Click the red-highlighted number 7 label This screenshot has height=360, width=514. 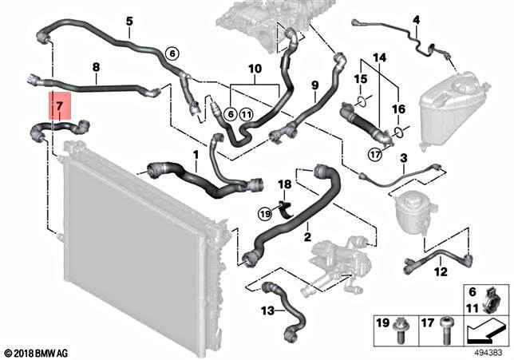click(x=57, y=105)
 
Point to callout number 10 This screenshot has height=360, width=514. click(x=255, y=70)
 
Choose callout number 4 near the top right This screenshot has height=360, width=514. click(x=416, y=19)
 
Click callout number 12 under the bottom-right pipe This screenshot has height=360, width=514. click(x=441, y=272)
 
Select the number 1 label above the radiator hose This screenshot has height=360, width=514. click(x=196, y=152)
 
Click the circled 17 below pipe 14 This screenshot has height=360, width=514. click(x=374, y=154)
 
